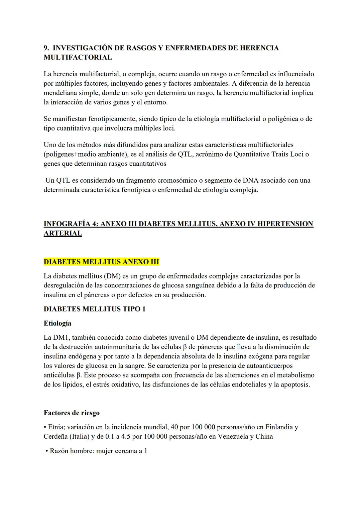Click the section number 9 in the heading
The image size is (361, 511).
46,48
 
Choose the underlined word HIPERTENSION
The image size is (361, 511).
285,224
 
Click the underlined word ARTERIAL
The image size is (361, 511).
63,233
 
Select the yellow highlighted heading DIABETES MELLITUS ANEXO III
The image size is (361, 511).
101,262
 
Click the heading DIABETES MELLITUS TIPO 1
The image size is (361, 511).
95,309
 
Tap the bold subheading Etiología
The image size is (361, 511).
57,323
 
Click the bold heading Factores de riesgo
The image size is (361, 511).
72,413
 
